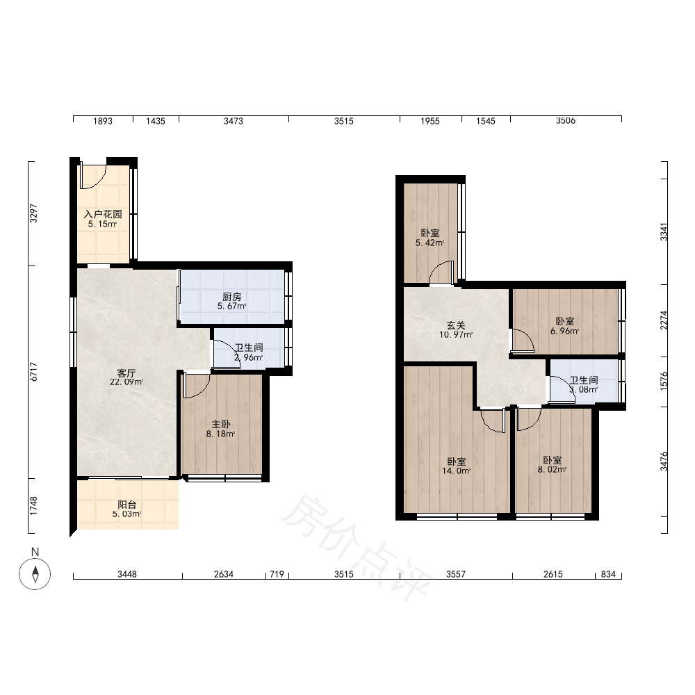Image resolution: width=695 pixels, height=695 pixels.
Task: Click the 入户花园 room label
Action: (x=103, y=214)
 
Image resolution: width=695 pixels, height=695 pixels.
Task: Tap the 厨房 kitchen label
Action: (x=232, y=297)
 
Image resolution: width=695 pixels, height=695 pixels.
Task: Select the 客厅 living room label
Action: (x=126, y=373)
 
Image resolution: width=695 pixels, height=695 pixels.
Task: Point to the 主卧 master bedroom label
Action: (x=221, y=425)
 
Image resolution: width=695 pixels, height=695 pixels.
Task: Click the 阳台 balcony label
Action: (x=126, y=505)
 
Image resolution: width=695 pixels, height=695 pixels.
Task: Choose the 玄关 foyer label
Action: (x=456, y=325)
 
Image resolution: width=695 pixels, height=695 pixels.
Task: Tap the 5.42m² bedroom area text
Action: (x=430, y=243)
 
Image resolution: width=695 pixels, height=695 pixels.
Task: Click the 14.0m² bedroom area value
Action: (x=456, y=471)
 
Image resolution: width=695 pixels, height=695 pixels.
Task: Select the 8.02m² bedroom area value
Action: (x=553, y=470)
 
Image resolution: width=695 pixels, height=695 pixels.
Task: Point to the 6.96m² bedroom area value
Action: (x=564, y=331)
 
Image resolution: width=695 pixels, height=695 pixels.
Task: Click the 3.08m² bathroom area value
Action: (x=584, y=390)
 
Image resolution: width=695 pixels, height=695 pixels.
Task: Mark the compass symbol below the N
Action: (x=35, y=575)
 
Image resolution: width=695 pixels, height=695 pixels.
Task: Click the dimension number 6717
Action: (x=33, y=373)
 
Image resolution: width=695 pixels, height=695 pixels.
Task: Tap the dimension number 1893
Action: (x=103, y=121)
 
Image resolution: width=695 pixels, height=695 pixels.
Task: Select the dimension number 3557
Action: (x=456, y=575)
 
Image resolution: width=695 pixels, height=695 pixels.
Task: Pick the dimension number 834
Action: (x=608, y=575)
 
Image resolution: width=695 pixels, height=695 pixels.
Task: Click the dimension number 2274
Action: (x=664, y=320)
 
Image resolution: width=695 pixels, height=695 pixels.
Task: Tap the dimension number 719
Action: (x=277, y=575)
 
